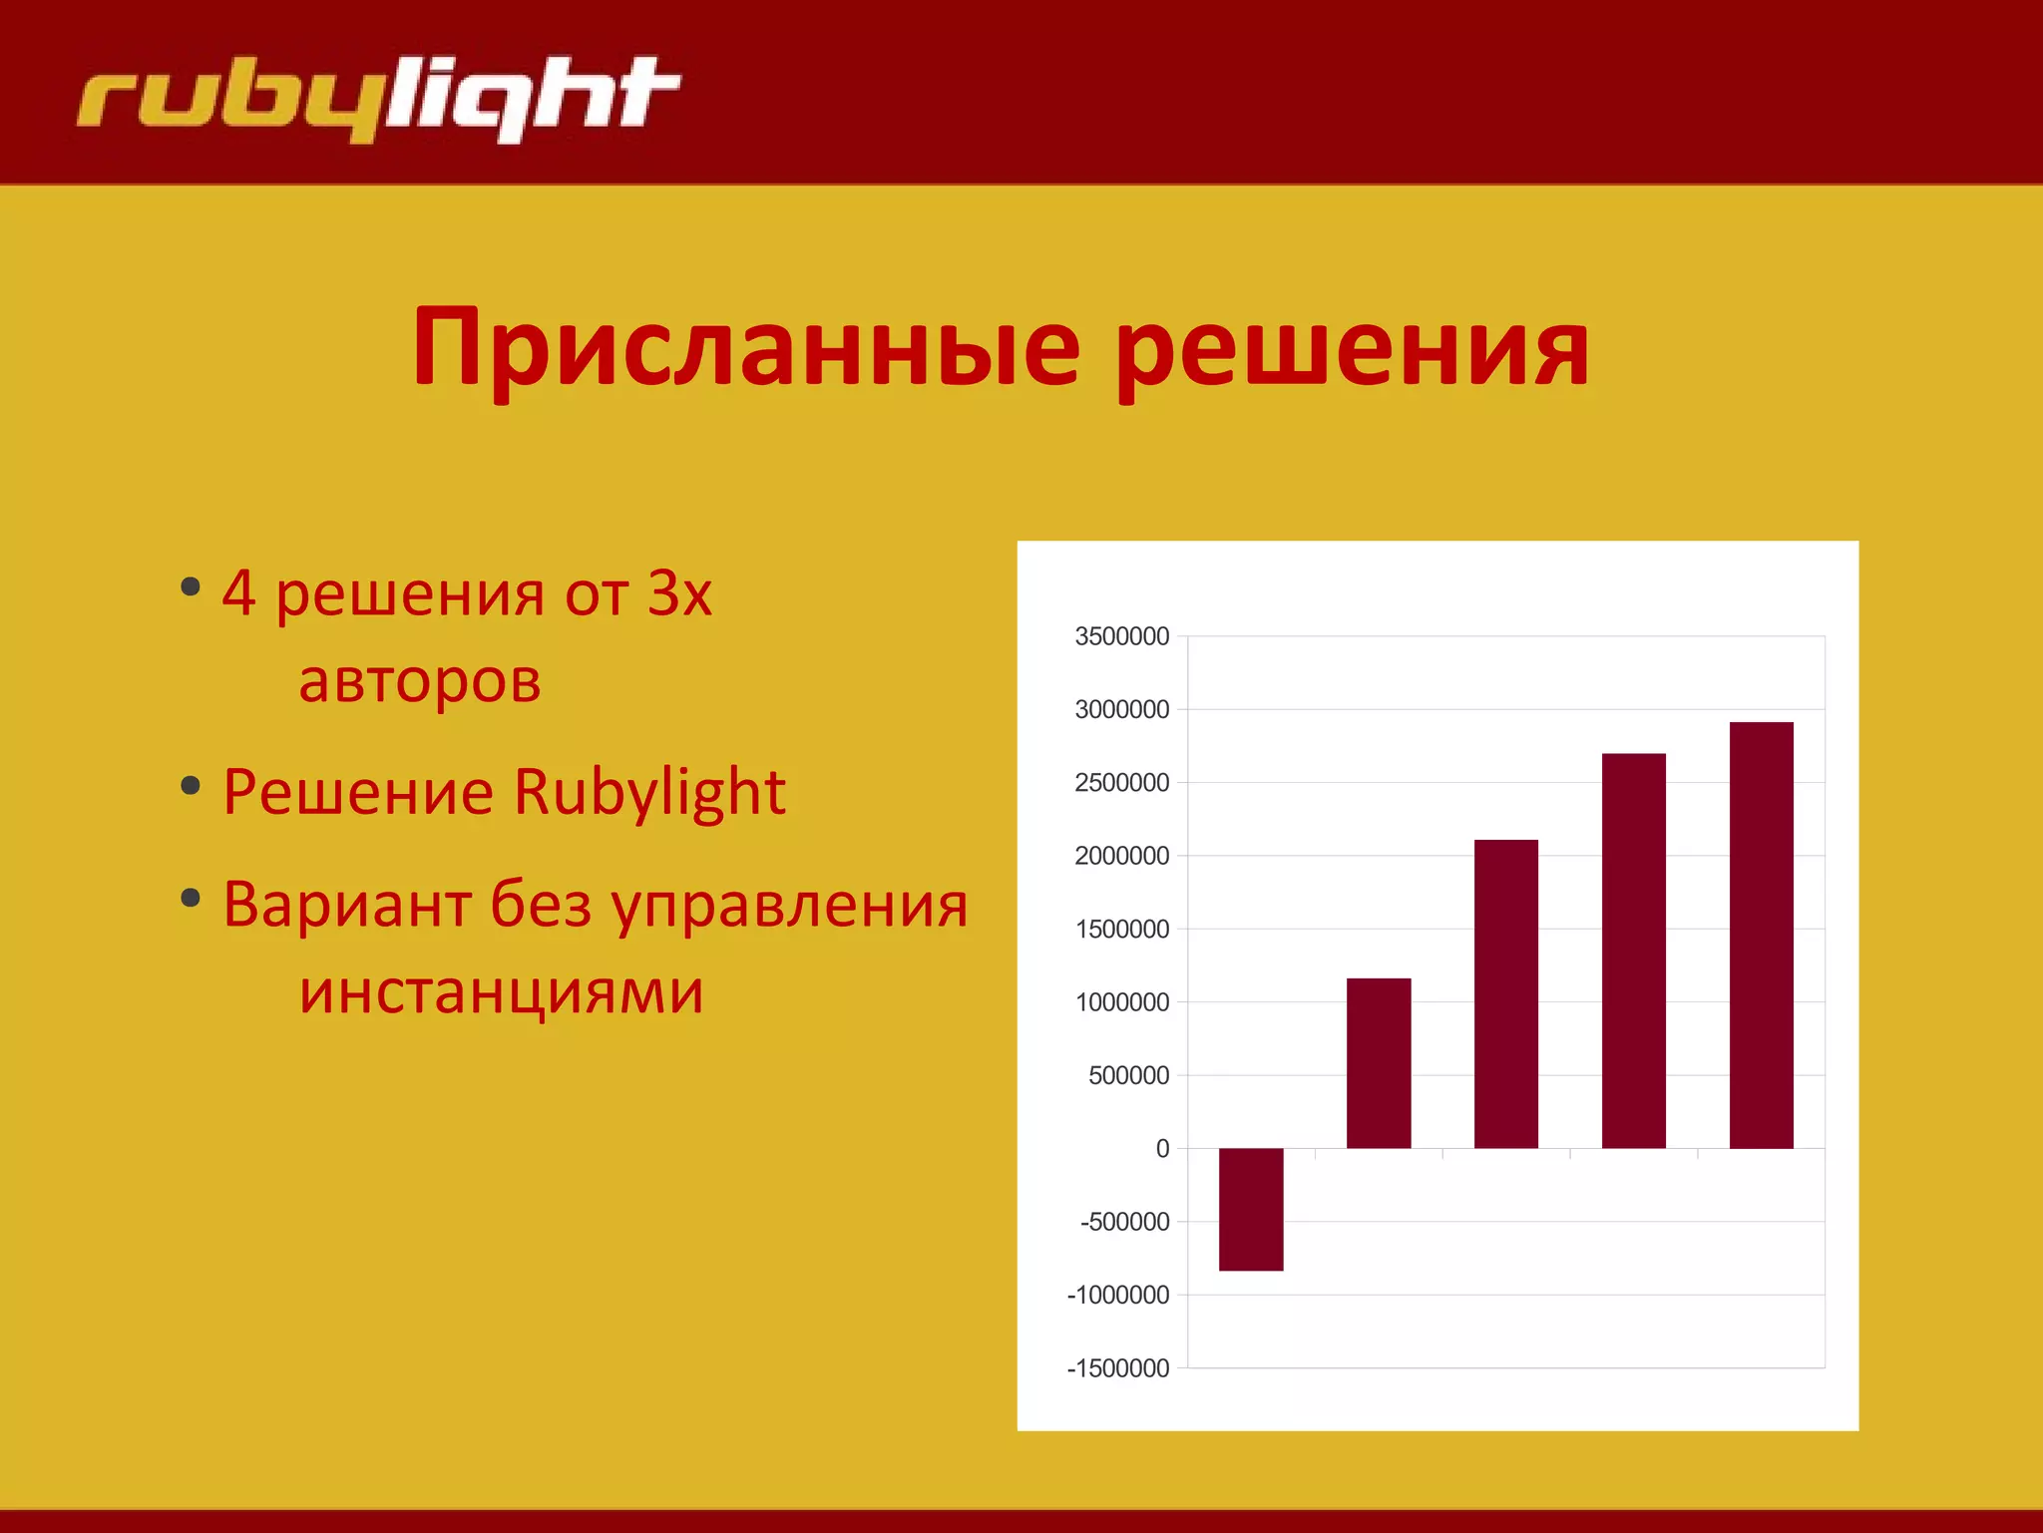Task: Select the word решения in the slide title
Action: tap(1352, 348)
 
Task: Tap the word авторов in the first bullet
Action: tap(420, 681)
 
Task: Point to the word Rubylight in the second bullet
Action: tap(649, 792)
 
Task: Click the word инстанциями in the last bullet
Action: tap(502, 991)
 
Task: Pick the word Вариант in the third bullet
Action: tap(346, 905)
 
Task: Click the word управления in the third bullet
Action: tap(789, 907)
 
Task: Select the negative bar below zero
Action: tap(1251, 1209)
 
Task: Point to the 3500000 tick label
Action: tap(1121, 636)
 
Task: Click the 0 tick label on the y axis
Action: tap(1162, 1148)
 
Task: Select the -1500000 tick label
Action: tap(1117, 1367)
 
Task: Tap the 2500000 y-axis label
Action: tap(1121, 783)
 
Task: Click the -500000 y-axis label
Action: tap(1124, 1222)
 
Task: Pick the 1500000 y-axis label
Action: tap(1121, 929)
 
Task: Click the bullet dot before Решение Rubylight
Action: tap(191, 786)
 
